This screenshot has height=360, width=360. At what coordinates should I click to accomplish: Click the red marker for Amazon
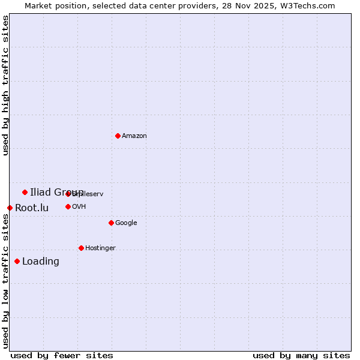118,136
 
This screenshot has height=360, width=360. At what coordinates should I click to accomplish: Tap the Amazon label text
134,136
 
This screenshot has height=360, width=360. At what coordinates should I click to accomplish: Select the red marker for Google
111,223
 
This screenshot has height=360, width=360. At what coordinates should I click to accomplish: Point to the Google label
126,223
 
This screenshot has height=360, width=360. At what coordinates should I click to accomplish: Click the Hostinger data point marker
81,248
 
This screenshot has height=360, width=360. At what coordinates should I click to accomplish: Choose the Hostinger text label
100,248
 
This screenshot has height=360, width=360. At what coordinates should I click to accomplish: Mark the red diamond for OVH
68,206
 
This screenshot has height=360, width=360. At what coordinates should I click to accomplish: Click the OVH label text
79,207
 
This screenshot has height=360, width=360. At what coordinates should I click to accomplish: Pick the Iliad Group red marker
25,192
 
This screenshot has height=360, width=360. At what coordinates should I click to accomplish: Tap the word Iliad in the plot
40,192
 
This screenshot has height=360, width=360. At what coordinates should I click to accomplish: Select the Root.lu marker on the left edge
10,208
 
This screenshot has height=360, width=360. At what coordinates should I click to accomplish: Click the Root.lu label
32,208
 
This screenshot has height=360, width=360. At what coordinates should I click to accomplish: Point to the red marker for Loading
17,261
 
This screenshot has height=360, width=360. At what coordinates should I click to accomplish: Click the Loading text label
41,262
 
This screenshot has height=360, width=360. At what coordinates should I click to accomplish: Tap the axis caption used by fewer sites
62,356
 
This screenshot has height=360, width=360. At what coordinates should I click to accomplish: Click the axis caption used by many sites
301,356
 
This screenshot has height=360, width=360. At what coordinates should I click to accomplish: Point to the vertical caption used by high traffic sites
6,85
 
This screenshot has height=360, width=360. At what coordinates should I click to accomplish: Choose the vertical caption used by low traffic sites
6,281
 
